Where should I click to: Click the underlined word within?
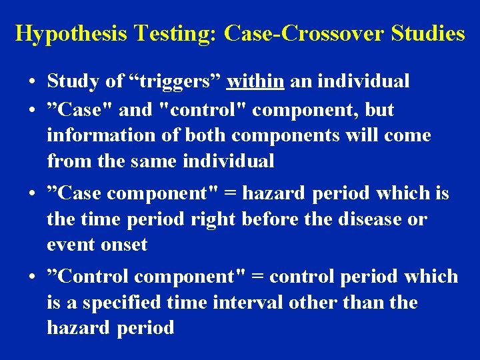click(255, 81)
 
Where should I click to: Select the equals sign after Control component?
click(256, 277)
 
